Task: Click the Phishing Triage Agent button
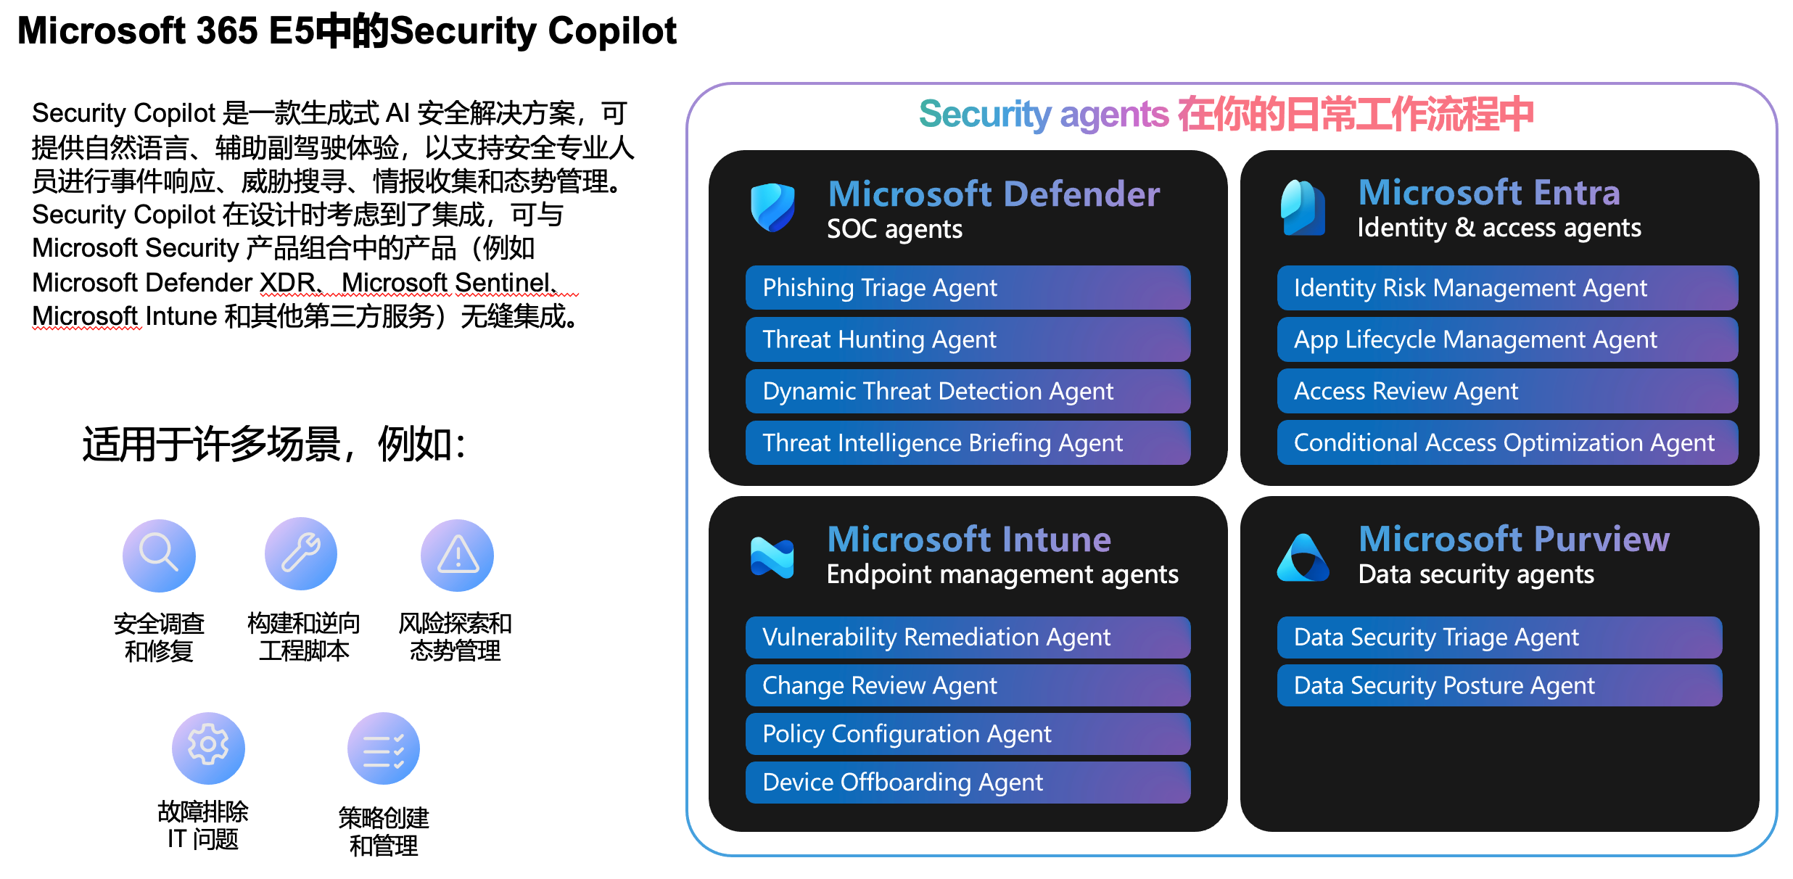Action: [x=968, y=288]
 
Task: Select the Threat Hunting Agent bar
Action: [x=968, y=339]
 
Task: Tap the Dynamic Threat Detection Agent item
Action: [x=968, y=391]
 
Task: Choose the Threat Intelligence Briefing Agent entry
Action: [x=968, y=442]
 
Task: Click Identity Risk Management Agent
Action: [x=1507, y=288]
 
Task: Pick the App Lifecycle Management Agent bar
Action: [x=1507, y=339]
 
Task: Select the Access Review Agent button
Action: [x=1507, y=391]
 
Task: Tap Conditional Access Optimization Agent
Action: [x=1507, y=442]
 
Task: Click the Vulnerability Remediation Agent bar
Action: [x=968, y=637]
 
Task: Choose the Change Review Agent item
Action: [x=968, y=685]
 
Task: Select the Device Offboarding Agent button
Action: [x=968, y=783]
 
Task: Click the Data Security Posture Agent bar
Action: [x=1499, y=685]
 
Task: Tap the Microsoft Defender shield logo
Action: [x=772, y=207]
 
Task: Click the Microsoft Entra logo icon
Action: [x=1303, y=207]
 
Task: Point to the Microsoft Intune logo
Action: [x=772, y=557]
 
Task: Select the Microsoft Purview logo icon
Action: [x=1303, y=558]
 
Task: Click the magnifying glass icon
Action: [x=159, y=556]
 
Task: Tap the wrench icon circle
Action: [x=301, y=554]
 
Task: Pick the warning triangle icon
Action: [x=457, y=556]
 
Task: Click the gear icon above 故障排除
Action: [x=208, y=748]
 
